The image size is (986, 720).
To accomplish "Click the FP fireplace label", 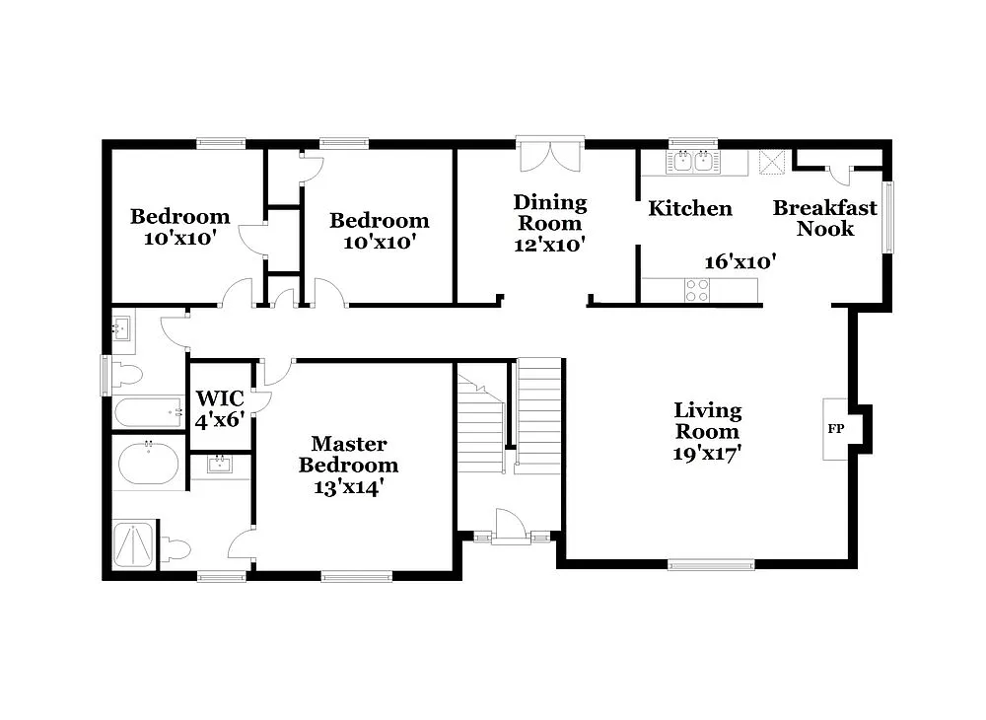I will click(x=834, y=429).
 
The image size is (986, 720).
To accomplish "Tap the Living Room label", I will click(x=708, y=420).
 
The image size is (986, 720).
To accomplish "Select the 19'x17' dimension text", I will click(x=708, y=453).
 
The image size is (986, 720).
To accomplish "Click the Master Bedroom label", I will click(x=348, y=455).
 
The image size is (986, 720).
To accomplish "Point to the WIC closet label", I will click(x=219, y=398).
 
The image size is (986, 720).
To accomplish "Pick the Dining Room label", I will click(x=550, y=212).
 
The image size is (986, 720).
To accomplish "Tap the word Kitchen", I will click(x=689, y=208).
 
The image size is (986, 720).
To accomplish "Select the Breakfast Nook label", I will click(x=824, y=218).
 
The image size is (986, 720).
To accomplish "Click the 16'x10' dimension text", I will click(x=739, y=261).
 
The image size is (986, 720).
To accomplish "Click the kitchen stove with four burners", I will click(x=697, y=290).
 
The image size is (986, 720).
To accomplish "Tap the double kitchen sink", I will click(x=692, y=162).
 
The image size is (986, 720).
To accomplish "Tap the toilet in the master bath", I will click(x=175, y=548).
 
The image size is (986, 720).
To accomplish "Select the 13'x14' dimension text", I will click(x=348, y=486).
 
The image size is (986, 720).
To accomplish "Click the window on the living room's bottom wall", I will click(x=711, y=565).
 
